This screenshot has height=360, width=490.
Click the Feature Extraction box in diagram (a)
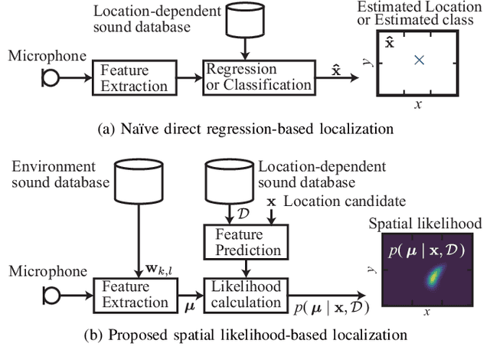(x=123, y=77)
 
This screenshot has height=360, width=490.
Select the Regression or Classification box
(x=259, y=77)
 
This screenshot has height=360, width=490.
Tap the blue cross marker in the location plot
(x=418, y=60)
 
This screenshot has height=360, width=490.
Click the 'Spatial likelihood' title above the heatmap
(x=426, y=224)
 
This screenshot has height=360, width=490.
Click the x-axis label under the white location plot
(x=417, y=105)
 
